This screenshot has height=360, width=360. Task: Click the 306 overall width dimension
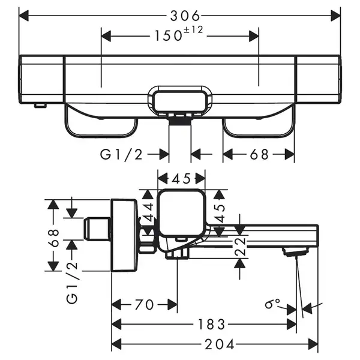[185, 16]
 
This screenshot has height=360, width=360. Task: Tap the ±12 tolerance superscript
[194, 30]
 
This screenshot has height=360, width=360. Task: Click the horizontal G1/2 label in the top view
[121, 155]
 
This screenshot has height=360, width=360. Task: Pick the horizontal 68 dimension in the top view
[259, 155]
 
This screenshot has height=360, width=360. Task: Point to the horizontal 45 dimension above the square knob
[181, 179]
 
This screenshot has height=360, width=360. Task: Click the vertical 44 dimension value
[148, 212]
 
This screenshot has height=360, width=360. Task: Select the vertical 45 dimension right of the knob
[220, 214]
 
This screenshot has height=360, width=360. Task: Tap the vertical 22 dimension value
[240, 247]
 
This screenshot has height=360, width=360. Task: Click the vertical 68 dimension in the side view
[55, 238]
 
